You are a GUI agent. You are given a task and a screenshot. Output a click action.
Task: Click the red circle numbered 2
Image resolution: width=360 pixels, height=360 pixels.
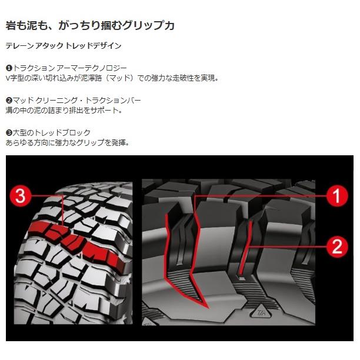[336, 245]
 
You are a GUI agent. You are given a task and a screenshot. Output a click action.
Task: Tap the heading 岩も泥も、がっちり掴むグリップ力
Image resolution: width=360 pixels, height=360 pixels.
[90, 26]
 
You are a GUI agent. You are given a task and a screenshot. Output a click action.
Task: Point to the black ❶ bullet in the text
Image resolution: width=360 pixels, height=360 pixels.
[9, 68]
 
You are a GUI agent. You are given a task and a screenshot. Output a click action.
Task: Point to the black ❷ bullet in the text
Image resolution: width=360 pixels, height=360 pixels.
[9, 101]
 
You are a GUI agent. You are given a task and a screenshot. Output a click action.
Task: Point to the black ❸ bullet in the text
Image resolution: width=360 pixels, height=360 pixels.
[9, 133]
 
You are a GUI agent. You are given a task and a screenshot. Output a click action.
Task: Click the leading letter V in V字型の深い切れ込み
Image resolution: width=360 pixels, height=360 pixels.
[8, 78]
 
